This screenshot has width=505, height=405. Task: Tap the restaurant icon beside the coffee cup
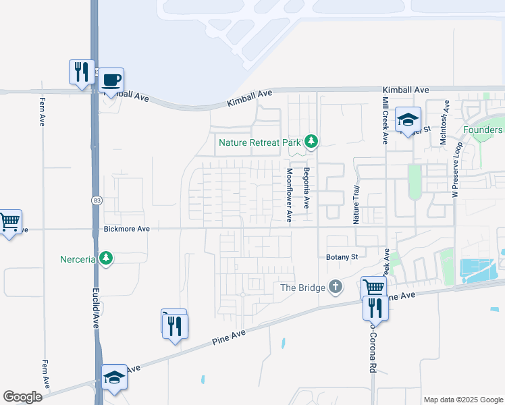pyautogui.click(x=82, y=72)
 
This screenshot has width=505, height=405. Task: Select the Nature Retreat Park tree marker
pyautogui.click(x=311, y=142)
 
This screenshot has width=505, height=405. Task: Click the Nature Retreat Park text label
pyautogui.click(x=260, y=142)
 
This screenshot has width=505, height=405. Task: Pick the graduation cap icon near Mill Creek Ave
pyautogui.click(x=408, y=120)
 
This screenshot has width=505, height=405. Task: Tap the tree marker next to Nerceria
pyautogui.click(x=105, y=258)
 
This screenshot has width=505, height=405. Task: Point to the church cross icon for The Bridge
pyautogui.click(x=335, y=288)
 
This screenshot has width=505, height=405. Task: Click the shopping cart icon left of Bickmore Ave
pyautogui.click(x=9, y=221)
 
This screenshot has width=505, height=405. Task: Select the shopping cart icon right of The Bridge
pyautogui.click(x=373, y=288)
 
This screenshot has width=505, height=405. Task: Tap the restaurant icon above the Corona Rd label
pyautogui.click(x=375, y=308)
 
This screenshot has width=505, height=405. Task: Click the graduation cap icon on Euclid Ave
pyautogui.click(x=114, y=377)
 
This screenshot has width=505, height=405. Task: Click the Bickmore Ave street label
pyautogui.click(x=127, y=230)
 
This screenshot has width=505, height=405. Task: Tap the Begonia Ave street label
pyautogui.click(x=306, y=186)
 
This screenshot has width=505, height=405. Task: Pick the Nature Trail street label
pyautogui.click(x=356, y=207)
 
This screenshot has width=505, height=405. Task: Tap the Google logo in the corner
pyautogui.click(x=22, y=397)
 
